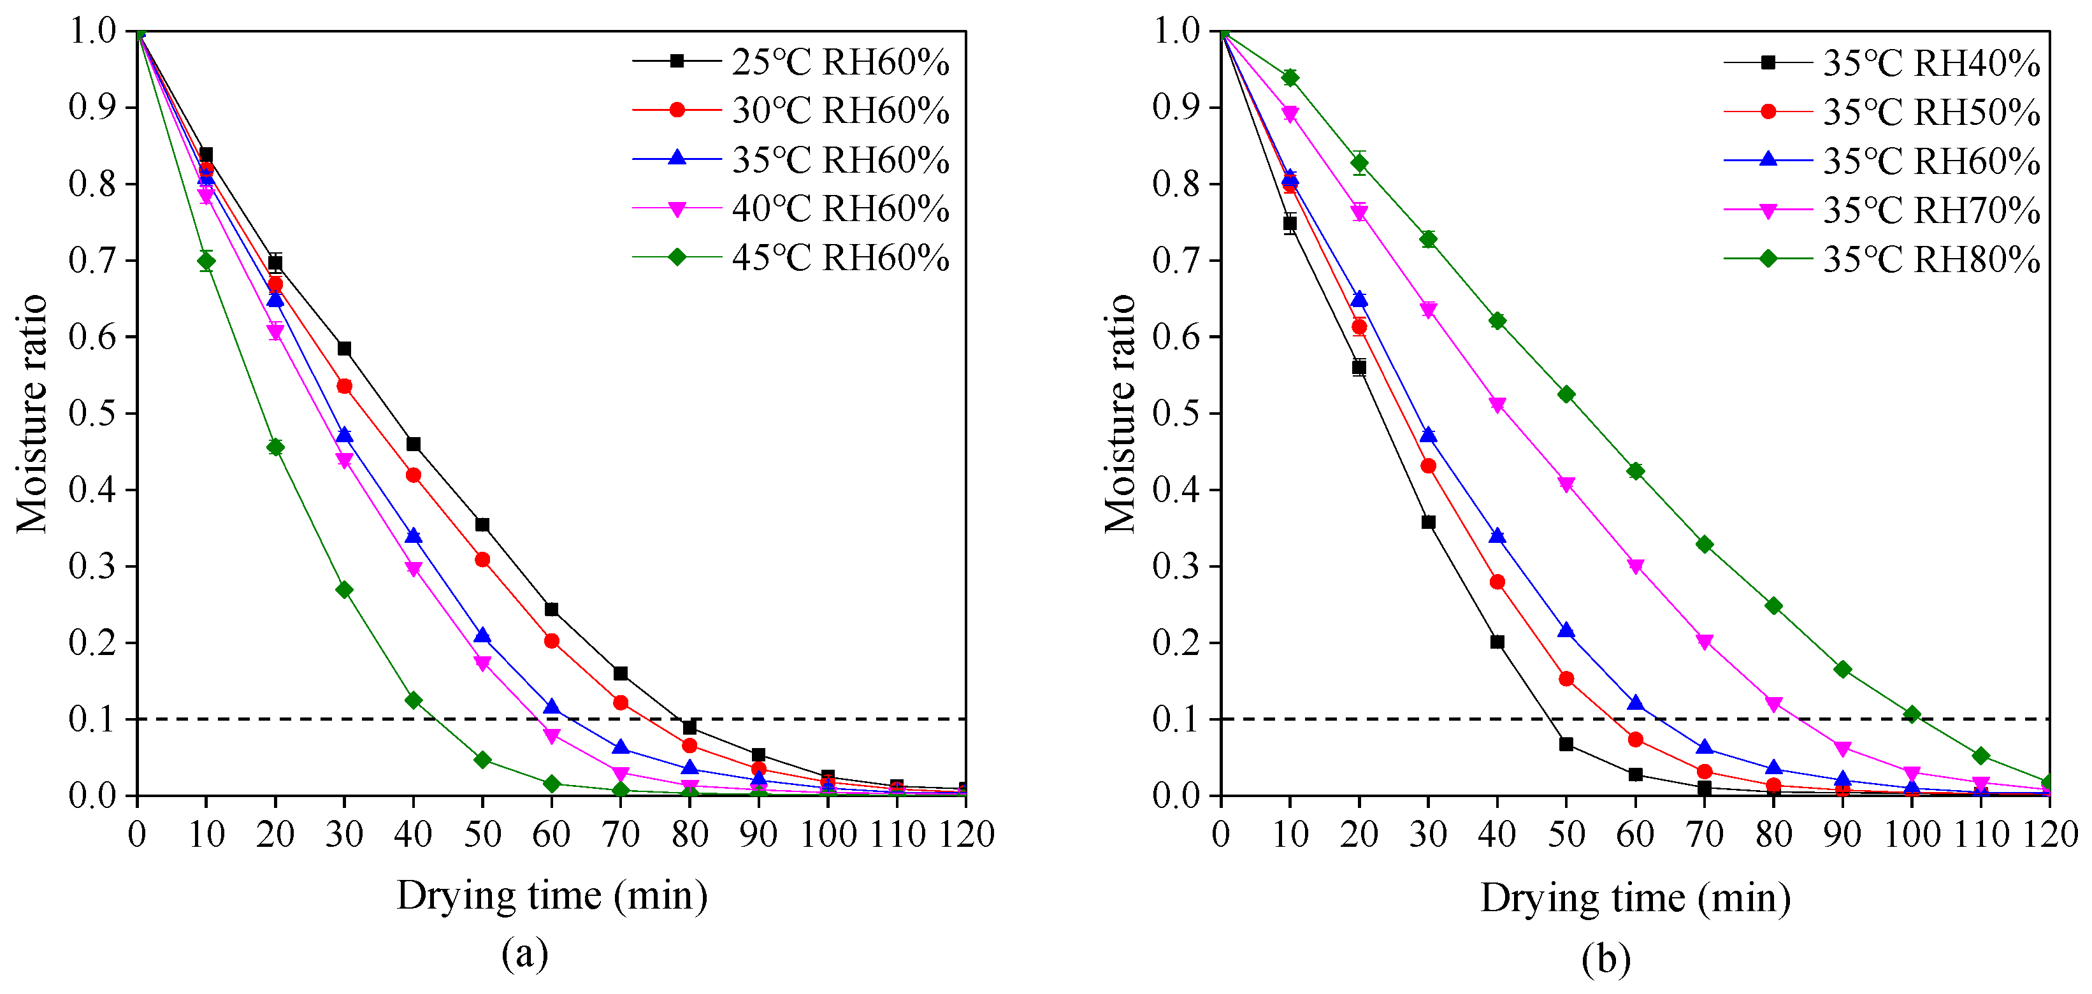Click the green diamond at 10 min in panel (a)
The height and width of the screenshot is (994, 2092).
[206, 261]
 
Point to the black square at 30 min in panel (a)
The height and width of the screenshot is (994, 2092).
[344, 349]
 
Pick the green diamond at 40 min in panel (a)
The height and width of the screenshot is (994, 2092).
[414, 700]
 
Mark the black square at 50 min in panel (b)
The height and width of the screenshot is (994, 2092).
[1566, 744]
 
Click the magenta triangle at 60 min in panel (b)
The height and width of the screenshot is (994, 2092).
[1636, 566]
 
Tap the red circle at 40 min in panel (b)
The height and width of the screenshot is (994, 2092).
[1497, 582]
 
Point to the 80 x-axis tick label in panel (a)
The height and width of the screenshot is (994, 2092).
[689, 835]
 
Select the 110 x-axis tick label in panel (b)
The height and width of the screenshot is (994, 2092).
[1980, 835]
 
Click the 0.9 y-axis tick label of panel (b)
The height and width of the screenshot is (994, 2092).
[1176, 106]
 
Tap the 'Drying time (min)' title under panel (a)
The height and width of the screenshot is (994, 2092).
[552, 897]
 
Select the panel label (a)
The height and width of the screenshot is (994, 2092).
[524, 953]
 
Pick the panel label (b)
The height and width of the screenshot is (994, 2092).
[1606, 958]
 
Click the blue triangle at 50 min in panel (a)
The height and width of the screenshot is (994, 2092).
[482, 636]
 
